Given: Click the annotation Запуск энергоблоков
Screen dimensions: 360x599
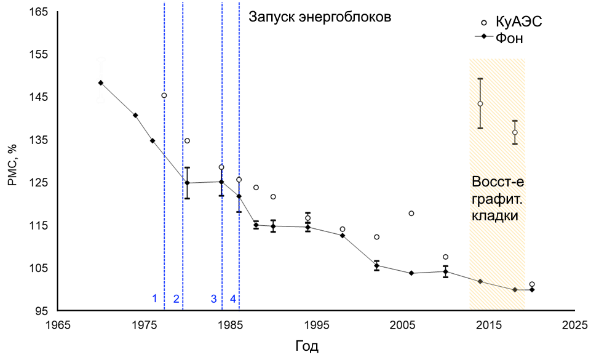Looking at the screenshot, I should pos(320,17).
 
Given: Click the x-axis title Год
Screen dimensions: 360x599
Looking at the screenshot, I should pos(306,346).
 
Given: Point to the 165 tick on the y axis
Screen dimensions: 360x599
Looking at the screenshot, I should pos(39,12).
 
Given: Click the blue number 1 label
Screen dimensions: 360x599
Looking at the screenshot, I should pos(155,299).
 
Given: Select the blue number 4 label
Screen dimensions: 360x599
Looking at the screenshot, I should pos(233,299).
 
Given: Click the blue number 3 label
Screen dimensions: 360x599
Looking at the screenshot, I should pos(213,299).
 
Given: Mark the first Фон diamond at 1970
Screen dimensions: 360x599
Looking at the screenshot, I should pos(101,82).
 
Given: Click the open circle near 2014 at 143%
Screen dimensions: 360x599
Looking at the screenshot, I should pos(480,104).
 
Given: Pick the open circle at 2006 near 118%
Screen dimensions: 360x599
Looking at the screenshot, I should pos(411,214).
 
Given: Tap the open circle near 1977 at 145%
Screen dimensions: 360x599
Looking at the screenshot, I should pos(164,95).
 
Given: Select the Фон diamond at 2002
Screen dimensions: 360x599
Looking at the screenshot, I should pos(377,266).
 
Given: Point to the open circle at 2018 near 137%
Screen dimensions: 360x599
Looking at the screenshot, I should pos(515,132).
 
